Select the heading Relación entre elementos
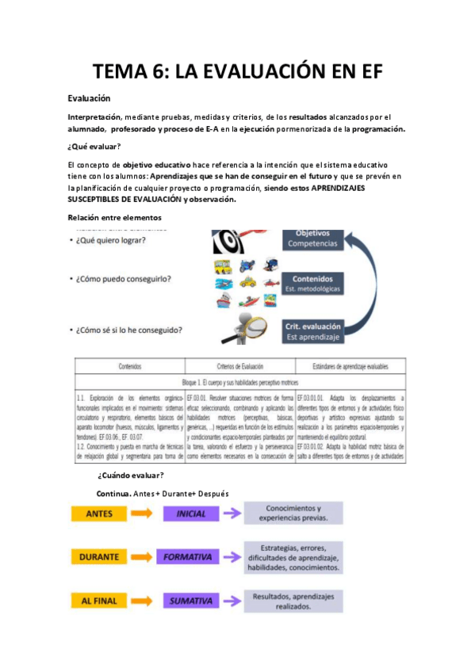click(x=114, y=218)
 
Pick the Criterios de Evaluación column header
click(x=238, y=367)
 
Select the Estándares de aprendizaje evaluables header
click(x=347, y=367)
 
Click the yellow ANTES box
click(x=102, y=514)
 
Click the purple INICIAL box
click(x=191, y=514)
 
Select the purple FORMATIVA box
click(x=191, y=557)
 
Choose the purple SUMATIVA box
click(x=191, y=601)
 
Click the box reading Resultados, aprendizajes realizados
click(x=293, y=601)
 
